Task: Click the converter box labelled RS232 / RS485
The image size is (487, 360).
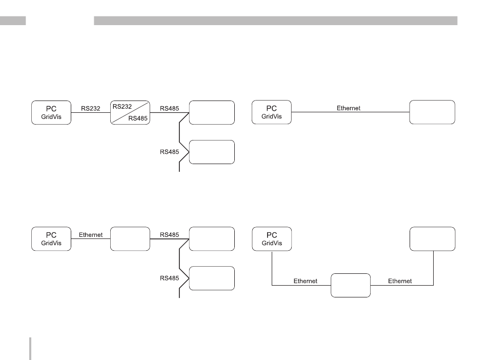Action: point(130,112)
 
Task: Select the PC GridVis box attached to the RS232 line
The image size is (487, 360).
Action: point(51,112)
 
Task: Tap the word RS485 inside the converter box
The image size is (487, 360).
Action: point(137,117)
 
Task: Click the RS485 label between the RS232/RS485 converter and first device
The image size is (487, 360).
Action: point(170,108)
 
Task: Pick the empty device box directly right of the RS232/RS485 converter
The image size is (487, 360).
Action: point(212,112)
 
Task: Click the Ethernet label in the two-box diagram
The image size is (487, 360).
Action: point(349,108)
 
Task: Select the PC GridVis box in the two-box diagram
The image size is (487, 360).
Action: point(272,112)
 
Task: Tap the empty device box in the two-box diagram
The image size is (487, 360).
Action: point(432,112)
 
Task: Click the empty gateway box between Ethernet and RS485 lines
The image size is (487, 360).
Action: point(130,239)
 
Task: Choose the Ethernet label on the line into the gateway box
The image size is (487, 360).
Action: point(91,235)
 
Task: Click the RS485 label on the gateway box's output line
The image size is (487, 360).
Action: point(170,235)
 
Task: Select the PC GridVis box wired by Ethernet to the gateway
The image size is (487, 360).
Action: point(51,239)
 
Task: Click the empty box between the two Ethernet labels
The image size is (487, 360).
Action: point(350,285)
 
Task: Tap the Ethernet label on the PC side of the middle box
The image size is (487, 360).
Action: point(305,281)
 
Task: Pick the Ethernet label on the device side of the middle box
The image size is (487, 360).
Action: point(400,281)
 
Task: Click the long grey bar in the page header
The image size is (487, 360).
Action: point(275,21)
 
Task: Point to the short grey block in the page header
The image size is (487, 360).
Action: point(13,21)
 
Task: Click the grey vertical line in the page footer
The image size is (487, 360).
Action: point(31,348)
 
